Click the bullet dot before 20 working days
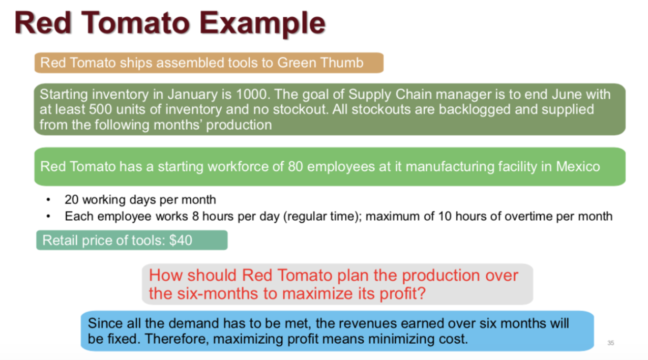click(48, 200)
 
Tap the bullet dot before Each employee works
click(48, 217)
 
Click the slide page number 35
click(610, 343)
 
